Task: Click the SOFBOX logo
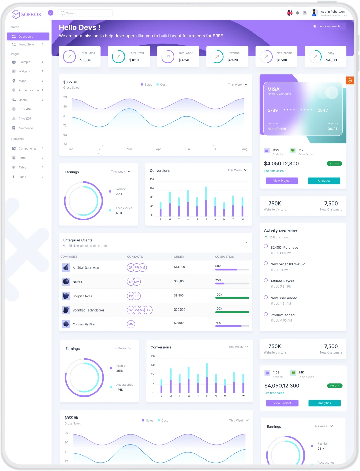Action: (26, 14)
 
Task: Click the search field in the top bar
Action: (85, 13)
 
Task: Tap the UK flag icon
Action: (290, 13)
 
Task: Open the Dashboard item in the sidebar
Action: (28, 36)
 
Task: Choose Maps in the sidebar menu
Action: (23, 81)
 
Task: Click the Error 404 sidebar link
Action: (25, 109)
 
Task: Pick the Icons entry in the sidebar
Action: (22, 177)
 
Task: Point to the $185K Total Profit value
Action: (134, 60)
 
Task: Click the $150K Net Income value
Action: (282, 60)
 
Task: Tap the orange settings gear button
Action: (350, 81)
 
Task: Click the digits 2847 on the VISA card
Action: (322, 110)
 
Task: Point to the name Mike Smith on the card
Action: (277, 129)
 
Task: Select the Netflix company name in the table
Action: (77, 282)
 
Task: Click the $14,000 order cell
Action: (179, 267)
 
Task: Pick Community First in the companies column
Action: (84, 324)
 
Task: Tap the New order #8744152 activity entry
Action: (288, 264)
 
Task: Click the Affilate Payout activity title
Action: (283, 281)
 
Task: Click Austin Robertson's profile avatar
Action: (315, 13)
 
